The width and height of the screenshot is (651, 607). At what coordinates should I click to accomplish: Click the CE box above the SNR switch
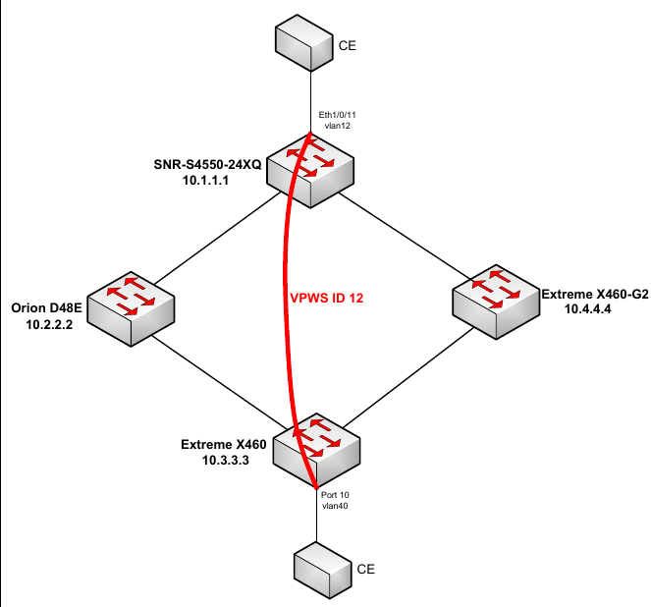coord(304,43)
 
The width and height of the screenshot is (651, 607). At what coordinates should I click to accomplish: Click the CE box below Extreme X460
coord(323,570)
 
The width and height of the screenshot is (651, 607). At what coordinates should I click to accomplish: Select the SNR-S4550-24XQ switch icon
coord(310,171)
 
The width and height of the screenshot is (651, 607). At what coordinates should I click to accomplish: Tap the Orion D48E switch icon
coord(131,308)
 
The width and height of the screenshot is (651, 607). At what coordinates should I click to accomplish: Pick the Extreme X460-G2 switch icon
coord(496,302)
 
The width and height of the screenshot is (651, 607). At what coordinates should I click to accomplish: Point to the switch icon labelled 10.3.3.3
coord(316,451)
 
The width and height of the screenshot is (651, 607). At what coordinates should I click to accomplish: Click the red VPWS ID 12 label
coord(326,299)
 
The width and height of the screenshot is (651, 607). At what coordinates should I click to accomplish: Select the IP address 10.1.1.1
coord(205,180)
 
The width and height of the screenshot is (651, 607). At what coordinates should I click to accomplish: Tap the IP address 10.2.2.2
coord(49,325)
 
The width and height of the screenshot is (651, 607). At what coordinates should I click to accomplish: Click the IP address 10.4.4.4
coord(587,308)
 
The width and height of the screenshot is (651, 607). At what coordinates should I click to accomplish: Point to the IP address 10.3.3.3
coord(226,460)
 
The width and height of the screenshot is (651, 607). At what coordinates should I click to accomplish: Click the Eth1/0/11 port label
coord(337,115)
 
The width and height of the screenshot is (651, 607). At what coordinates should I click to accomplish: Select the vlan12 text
coord(337,126)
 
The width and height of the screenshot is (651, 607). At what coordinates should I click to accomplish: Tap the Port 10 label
coord(335,495)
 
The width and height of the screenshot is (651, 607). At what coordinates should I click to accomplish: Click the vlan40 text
coord(335,506)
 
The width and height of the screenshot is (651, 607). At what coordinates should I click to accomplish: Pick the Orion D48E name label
coord(46,308)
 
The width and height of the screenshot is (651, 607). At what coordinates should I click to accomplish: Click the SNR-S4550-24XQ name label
coord(207,164)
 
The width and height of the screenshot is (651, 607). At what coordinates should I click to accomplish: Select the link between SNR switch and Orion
coord(218,238)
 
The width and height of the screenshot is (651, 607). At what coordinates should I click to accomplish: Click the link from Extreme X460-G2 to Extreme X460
coord(408,378)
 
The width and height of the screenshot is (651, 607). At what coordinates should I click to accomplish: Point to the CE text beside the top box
coord(347,45)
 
